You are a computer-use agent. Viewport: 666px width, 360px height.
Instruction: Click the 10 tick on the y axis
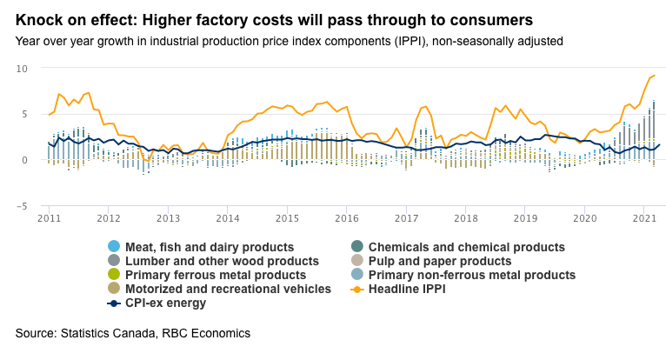point(23,69)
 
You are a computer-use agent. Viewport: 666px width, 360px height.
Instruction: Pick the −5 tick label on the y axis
point(23,206)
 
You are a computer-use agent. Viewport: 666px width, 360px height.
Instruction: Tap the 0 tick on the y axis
point(25,160)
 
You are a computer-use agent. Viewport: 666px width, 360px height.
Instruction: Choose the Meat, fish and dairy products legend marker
point(113,247)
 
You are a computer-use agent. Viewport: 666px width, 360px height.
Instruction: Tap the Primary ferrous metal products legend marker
point(113,275)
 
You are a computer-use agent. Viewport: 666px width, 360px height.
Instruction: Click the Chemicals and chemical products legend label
point(466,247)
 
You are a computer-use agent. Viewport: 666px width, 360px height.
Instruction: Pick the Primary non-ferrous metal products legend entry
point(471,275)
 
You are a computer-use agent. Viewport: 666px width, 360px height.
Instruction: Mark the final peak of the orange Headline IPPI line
point(654,76)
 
